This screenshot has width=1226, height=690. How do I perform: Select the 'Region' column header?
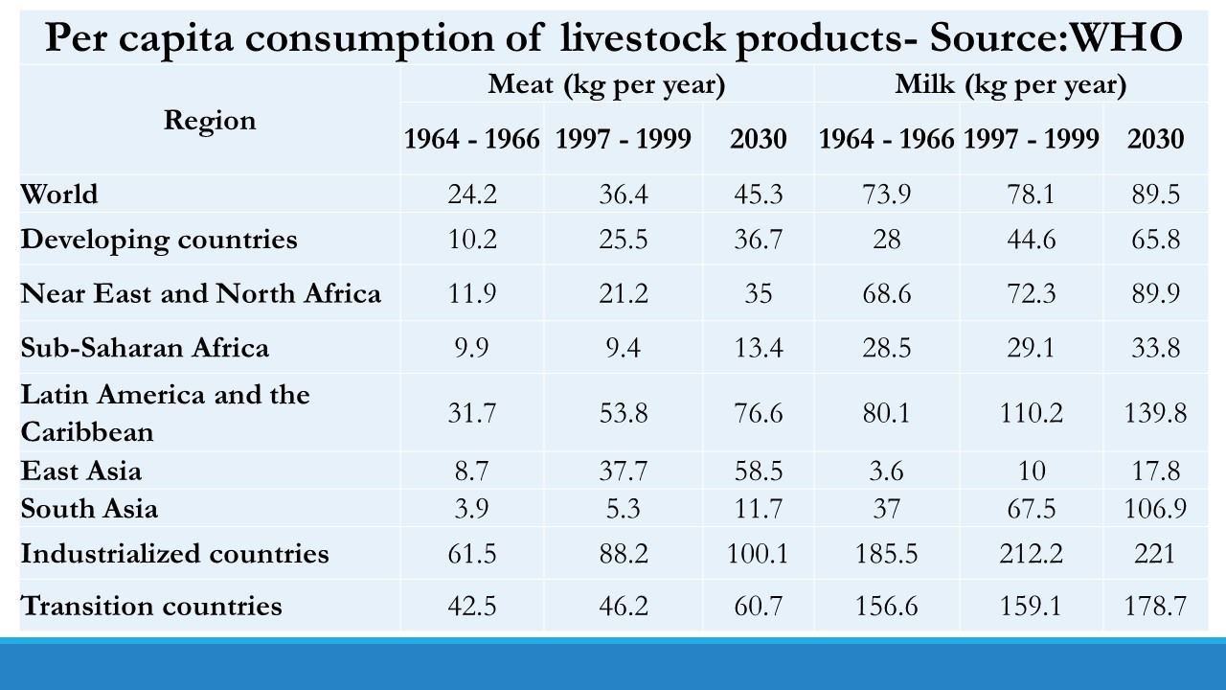pyautogui.click(x=210, y=121)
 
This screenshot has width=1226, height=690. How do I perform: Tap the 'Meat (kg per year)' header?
pyautogui.click(x=606, y=84)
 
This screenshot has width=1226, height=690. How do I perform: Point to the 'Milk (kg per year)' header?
pyautogui.click(x=1010, y=84)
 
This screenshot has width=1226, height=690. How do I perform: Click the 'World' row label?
pyautogui.click(x=59, y=194)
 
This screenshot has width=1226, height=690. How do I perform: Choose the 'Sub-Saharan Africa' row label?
pyautogui.click(x=145, y=347)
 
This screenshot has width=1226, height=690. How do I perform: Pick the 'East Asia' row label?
pyautogui.click(x=81, y=471)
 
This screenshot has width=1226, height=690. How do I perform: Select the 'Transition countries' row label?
pyautogui.click(x=151, y=606)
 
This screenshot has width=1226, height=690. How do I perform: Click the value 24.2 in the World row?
pyautogui.click(x=472, y=195)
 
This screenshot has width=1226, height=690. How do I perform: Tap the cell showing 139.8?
pyautogui.click(x=1155, y=413)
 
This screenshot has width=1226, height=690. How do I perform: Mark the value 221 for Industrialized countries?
pyautogui.click(x=1155, y=554)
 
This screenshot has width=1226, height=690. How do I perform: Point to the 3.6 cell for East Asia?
pyautogui.click(x=886, y=471)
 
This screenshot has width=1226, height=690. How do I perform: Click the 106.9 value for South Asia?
pyautogui.click(x=1155, y=508)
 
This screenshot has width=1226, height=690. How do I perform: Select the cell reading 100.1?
pyautogui.click(x=758, y=554)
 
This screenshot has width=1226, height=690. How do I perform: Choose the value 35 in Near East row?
pyautogui.click(x=758, y=293)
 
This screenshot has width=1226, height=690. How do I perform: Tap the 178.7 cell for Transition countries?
pyautogui.click(x=1155, y=606)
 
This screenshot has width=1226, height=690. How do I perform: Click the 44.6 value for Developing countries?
pyautogui.click(x=1031, y=240)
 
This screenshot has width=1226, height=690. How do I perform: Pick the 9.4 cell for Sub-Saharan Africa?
pyautogui.click(x=624, y=347)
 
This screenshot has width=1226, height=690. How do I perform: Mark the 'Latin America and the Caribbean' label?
pyautogui.click(x=165, y=413)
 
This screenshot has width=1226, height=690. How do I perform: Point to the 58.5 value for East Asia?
pyautogui.click(x=758, y=471)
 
